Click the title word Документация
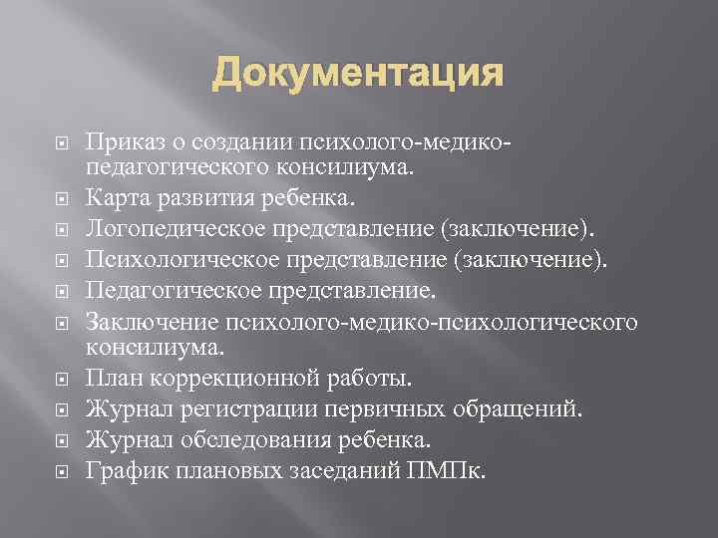tap(358, 75)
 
